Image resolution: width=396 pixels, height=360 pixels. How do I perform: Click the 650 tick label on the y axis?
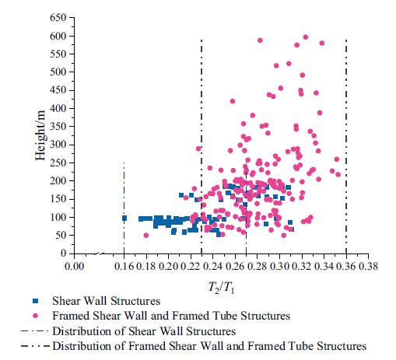point(58,18)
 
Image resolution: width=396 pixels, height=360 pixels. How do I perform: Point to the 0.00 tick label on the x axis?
point(74,266)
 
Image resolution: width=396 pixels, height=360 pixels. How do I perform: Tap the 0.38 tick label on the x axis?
point(368,266)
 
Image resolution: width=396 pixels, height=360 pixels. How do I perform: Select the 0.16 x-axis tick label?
point(124,266)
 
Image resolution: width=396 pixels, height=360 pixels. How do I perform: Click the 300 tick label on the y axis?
point(58,145)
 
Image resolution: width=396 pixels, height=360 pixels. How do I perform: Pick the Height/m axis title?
point(40,135)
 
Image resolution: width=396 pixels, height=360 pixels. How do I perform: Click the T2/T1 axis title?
point(221,287)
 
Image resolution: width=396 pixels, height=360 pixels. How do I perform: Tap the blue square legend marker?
point(35,301)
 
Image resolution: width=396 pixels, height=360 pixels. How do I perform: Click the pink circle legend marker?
point(35,316)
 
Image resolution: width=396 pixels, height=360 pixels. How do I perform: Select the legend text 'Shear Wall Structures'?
point(106,301)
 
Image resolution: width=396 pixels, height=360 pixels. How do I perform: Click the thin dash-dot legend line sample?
point(35,331)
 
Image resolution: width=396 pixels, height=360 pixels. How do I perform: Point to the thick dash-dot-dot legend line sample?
point(35,346)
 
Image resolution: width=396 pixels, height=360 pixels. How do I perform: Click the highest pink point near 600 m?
point(306,37)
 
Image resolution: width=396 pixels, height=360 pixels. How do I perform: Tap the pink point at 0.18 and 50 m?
point(146,236)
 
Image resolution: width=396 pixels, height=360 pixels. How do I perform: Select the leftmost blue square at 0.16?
point(124,218)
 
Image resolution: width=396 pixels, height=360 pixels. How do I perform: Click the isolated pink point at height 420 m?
point(233,101)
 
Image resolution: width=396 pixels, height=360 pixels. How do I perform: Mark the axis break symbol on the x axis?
point(100,253)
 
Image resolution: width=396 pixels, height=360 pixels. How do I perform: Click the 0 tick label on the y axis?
point(64,253)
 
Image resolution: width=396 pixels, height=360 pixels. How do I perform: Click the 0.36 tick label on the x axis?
point(346,266)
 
